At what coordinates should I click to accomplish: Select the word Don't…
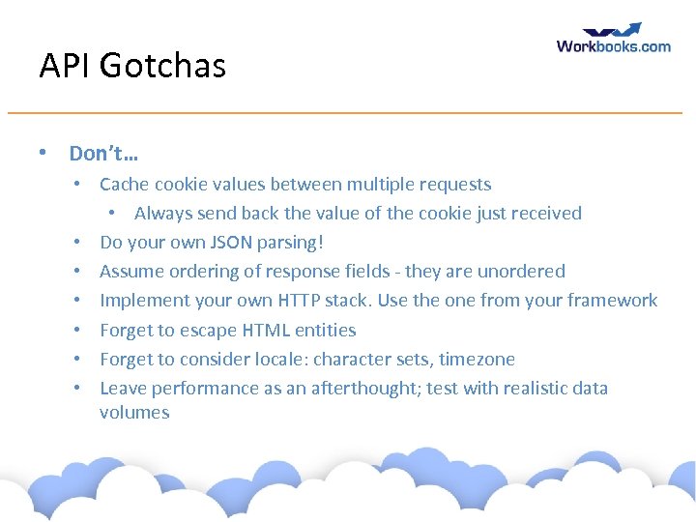[103, 153]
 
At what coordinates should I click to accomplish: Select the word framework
[609, 300]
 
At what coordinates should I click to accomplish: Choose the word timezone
[477, 359]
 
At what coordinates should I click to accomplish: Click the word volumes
[134, 412]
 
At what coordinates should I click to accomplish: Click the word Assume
[130, 271]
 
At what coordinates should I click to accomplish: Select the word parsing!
[295, 242]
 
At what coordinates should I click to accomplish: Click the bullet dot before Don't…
[43, 153]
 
